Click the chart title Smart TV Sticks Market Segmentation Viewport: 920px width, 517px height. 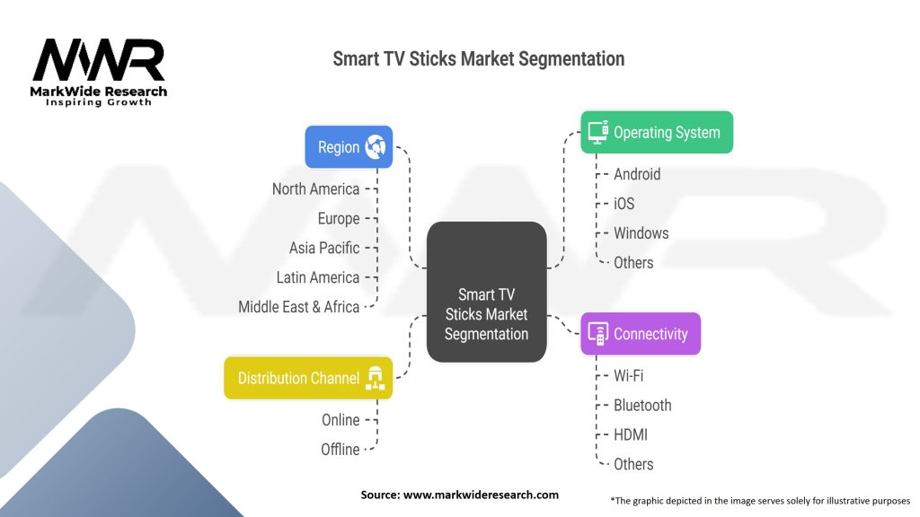478,59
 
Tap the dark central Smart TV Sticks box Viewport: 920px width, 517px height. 486,292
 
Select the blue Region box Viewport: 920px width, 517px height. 349,147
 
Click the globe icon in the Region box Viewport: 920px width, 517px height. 375,147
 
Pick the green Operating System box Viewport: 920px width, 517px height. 656,132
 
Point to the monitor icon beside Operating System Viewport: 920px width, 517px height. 597,132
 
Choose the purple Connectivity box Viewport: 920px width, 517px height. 640,334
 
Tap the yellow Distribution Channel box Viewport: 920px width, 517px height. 308,378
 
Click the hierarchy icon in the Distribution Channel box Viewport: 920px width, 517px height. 374,378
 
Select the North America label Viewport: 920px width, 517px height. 315,189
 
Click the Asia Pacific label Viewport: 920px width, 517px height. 323,248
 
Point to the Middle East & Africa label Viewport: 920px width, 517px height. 298,307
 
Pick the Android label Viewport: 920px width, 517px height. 637,174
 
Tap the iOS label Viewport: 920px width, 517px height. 624,204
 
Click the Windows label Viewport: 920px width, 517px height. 641,233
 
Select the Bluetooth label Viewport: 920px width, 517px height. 642,405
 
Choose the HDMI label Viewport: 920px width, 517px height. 631,434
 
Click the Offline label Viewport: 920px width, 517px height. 340,449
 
